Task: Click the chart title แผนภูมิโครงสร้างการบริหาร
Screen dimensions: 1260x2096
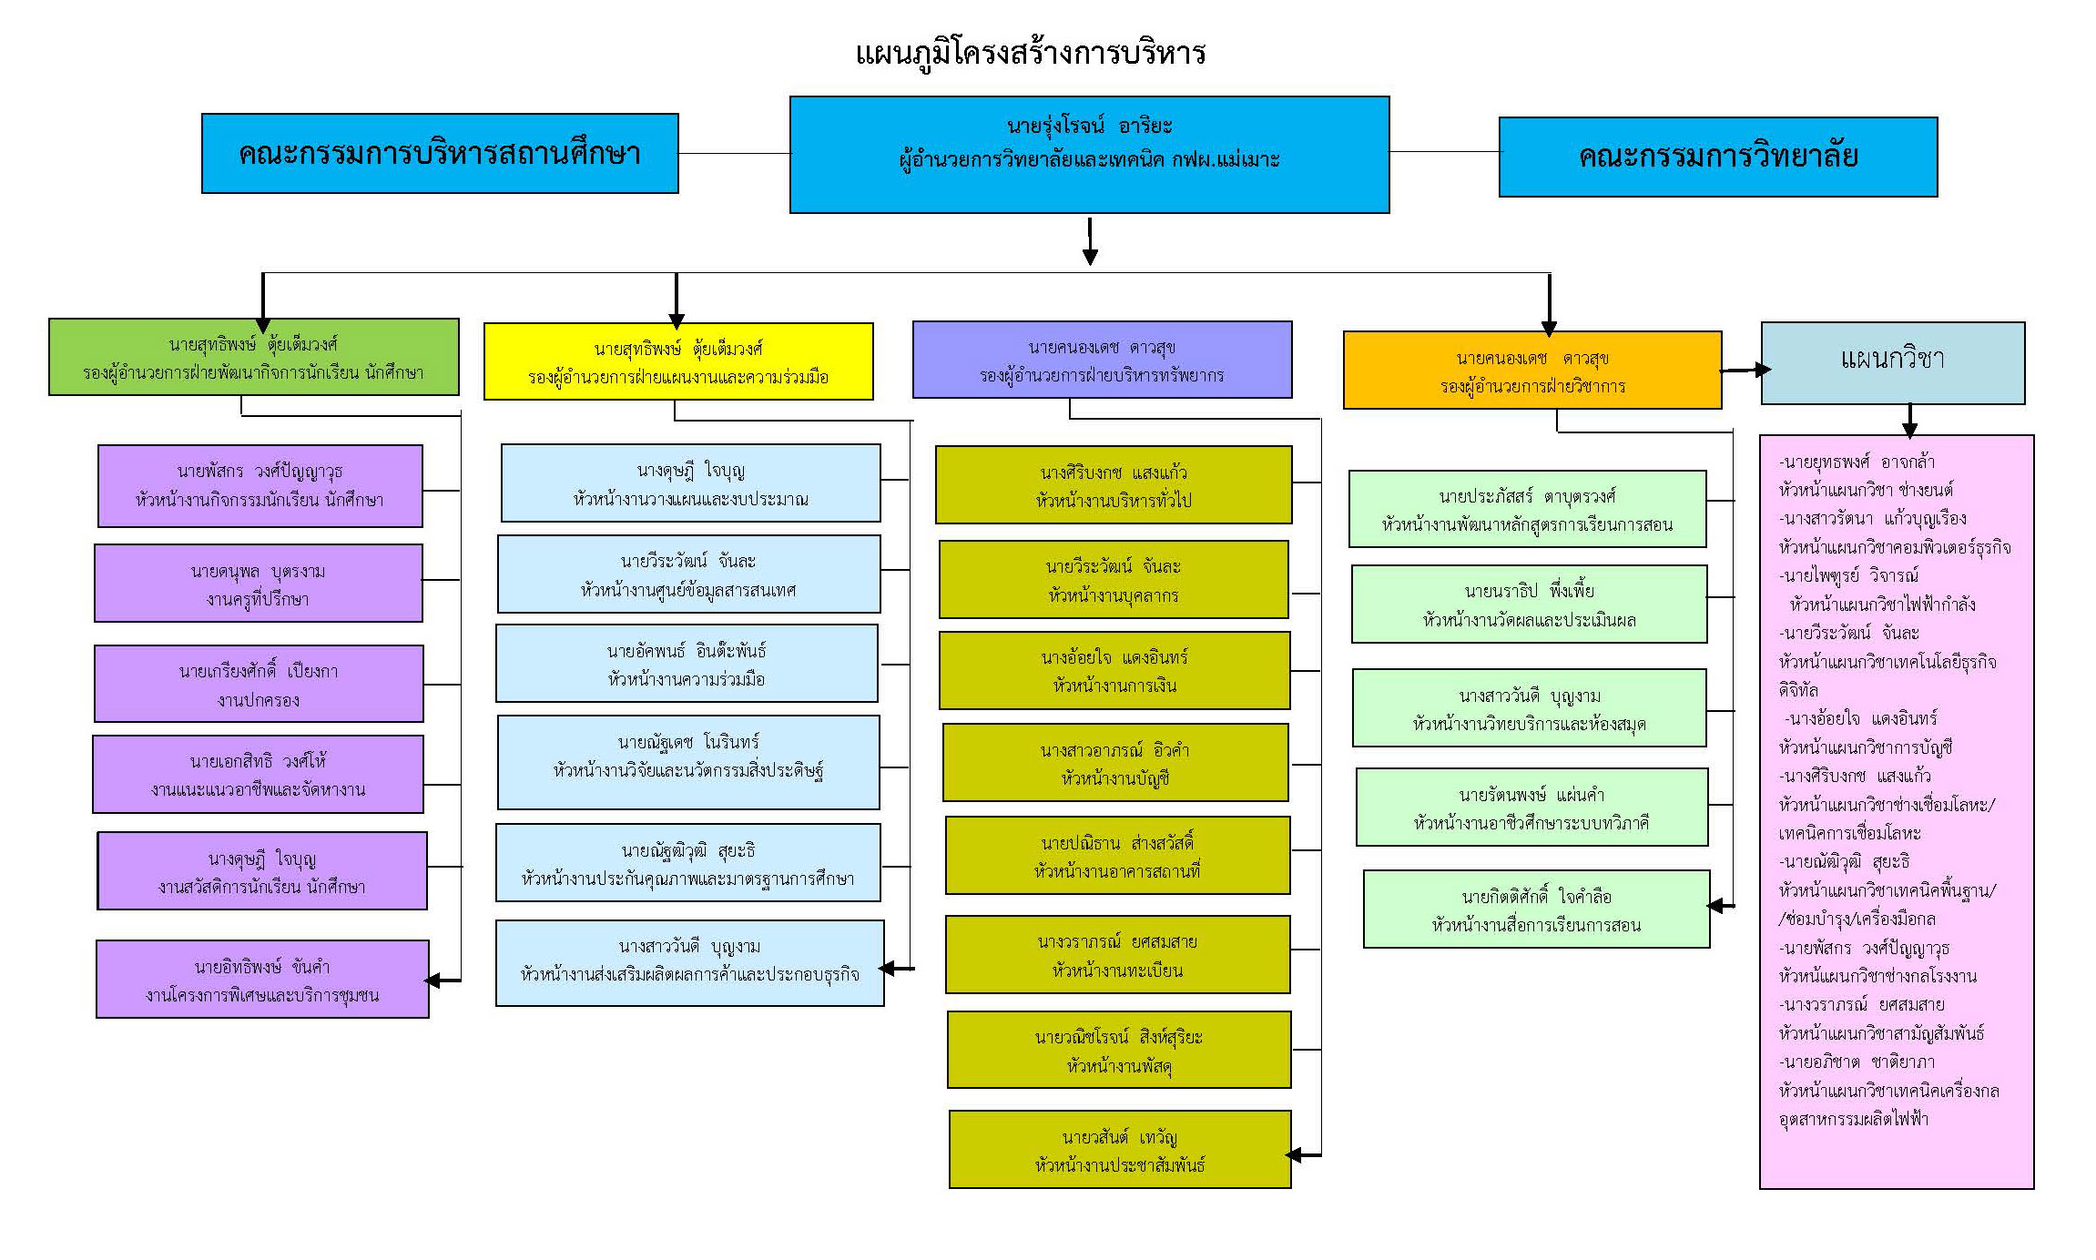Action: coord(1030,53)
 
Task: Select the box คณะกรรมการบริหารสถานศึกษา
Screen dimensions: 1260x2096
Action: coord(440,153)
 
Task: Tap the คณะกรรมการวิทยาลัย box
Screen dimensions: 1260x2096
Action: coord(1717,157)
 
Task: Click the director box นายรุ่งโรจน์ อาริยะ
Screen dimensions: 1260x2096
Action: coord(1089,155)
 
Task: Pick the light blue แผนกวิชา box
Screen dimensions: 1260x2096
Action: coord(1892,362)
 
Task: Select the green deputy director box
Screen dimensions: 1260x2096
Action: coord(253,357)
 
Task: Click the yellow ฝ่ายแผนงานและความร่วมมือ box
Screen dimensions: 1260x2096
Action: coord(678,361)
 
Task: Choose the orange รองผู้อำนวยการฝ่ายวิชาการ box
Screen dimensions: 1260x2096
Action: coord(1532,370)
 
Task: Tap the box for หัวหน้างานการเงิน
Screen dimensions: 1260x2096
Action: coord(1114,671)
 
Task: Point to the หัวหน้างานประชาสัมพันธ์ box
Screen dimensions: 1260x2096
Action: coord(1120,1150)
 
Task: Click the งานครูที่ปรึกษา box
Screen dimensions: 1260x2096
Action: coord(259,584)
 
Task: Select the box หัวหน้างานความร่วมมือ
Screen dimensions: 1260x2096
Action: coord(687,664)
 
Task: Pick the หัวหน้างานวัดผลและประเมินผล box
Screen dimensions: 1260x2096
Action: coord(1529,605)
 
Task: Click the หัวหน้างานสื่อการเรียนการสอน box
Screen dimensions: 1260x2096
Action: coord(1536,909)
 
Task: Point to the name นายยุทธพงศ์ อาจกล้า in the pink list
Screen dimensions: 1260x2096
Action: coord(1857,462)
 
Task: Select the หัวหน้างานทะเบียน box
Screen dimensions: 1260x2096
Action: coord(1117,955)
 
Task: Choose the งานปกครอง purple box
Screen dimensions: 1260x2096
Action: coord(259,685)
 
